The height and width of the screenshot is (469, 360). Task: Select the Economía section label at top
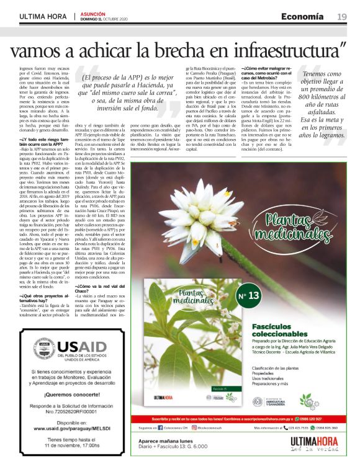pos(302,16)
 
